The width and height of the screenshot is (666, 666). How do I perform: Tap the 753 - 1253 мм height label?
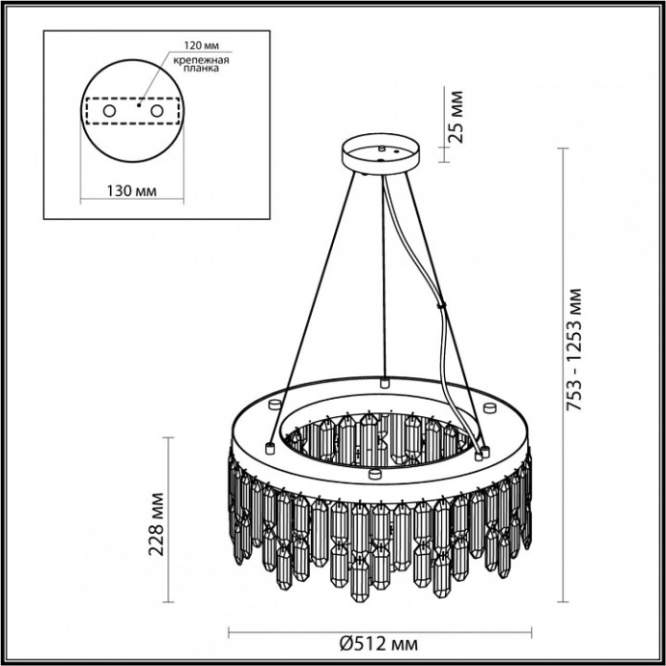pos(577,349)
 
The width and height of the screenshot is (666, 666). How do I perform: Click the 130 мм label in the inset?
pos(130,191)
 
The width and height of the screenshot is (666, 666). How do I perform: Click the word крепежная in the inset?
pos(197,59)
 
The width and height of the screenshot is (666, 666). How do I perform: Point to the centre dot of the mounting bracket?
pos(138,107)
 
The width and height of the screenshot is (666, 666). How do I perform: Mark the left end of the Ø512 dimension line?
pos(228,632)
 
